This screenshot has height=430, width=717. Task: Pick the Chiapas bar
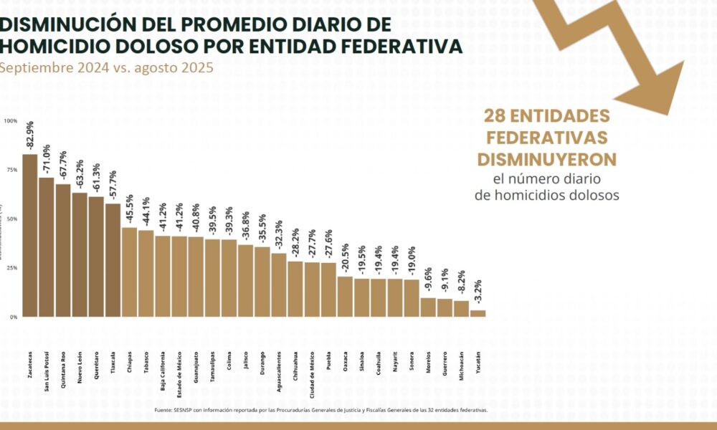coord(129,272)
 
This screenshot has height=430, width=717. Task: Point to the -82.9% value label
coord(31,135)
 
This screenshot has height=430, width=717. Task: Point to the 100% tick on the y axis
coord(11,120)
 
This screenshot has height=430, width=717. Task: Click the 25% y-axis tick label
coord(12,267)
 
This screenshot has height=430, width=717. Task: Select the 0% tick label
coord(14,317)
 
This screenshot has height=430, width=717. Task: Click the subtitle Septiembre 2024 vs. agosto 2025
coord(105,68)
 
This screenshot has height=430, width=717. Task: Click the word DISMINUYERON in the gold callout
coord(547,158)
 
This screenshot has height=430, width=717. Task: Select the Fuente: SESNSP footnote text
coord(320,410)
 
